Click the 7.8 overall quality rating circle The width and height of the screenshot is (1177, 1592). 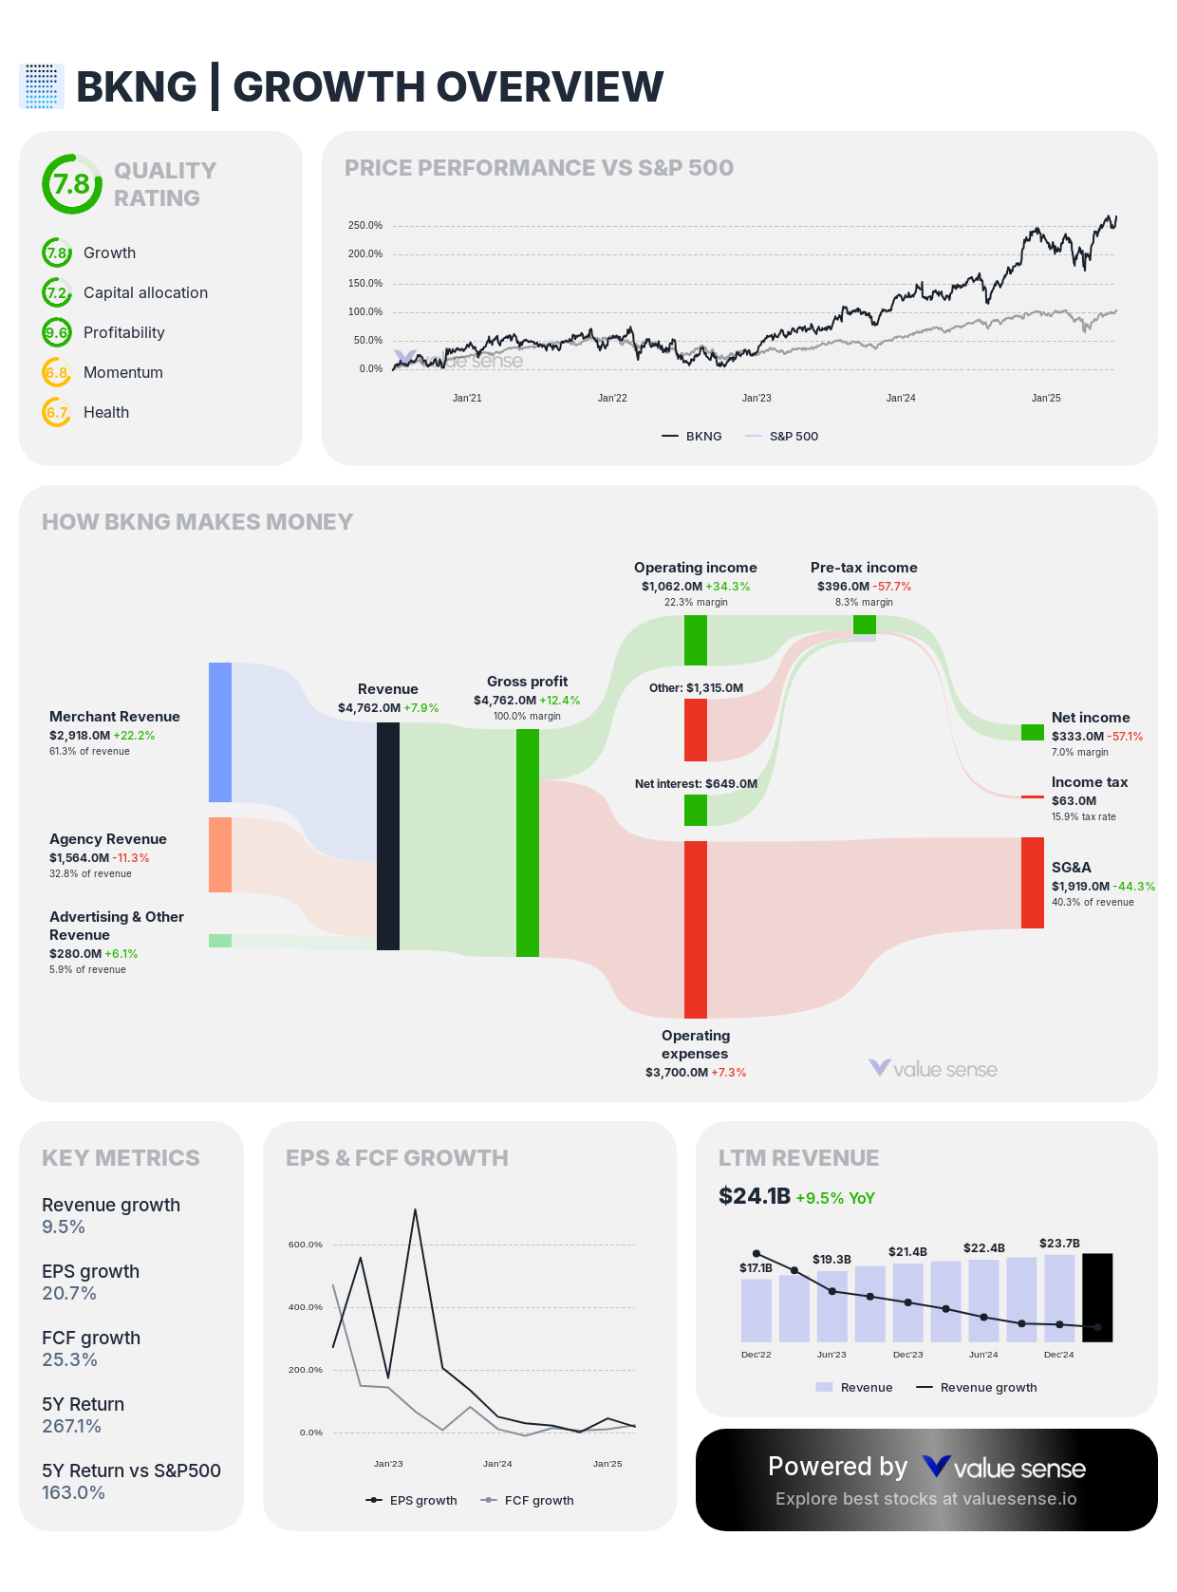click(x=72, y=184)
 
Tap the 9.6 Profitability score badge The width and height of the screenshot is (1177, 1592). click(x=57, y=333)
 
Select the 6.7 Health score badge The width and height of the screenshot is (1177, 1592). click(x=57, y=413)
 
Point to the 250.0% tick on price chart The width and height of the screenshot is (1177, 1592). click(x=365, y=226)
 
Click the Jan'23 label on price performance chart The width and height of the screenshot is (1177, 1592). click(x=757, y=399)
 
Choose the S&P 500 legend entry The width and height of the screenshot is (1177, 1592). click(x=793, y=437)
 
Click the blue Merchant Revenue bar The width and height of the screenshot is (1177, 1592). click(x=220, y=732)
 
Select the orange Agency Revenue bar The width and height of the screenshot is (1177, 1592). click(x=220, y=854)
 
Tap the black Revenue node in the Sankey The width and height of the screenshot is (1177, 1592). click(x=388, y=835)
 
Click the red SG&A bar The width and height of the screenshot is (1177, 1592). click(x=1032, y=883)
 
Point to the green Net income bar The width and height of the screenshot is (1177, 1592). click(x=1032, y=732)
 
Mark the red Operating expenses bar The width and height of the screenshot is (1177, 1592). click(x=696, y=928)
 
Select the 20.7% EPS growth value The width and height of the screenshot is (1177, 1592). click(x=69, y=1294)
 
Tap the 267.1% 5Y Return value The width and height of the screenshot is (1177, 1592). click(x=71, y=1427)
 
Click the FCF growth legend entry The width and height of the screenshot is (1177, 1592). click(x=538, y=1501)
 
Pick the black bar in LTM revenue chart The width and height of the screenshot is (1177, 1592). click(x=1097, y=1297)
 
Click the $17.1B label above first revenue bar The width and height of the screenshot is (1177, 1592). click(x=756, y=1268)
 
